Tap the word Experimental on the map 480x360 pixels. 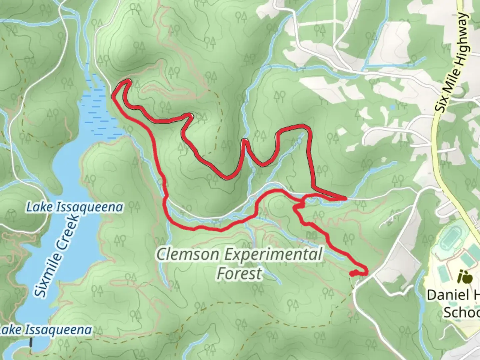coord(273,255)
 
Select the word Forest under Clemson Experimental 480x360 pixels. coord(239,274)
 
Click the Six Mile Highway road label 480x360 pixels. coord(454,62)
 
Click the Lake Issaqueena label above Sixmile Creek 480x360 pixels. coord(75,207)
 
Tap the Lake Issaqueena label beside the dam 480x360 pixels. coord(46,330)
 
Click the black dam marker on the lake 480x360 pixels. coord(31,342)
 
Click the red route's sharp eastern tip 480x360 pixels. coord(345,199)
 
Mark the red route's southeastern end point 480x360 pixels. coord(352,274)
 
